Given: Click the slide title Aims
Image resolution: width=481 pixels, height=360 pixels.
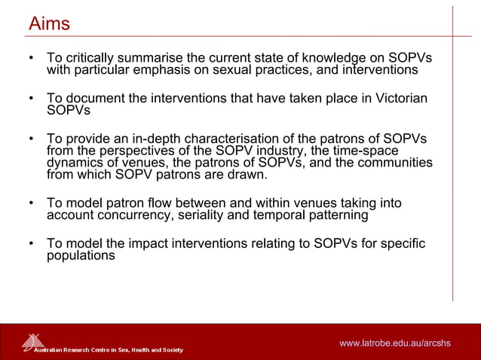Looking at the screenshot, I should [49, 24].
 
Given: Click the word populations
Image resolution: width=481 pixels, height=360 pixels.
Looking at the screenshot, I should [81, 255].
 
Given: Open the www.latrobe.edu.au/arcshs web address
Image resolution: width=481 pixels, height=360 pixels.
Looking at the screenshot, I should [394, 343].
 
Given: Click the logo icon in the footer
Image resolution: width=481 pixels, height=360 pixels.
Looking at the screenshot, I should [32, 341].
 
